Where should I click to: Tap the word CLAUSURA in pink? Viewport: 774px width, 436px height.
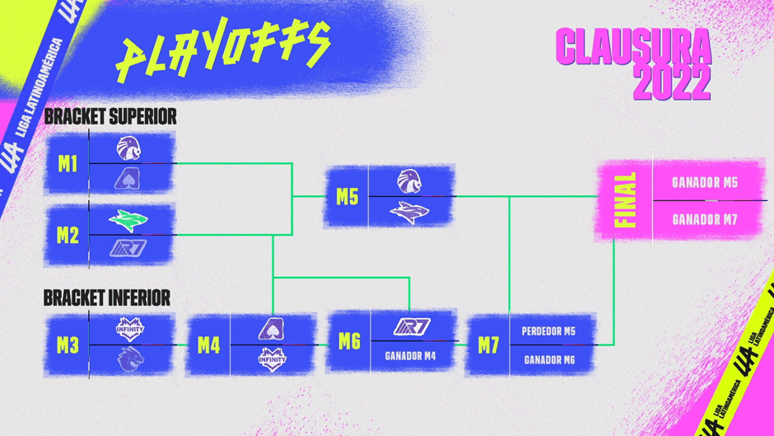tap(632, 48)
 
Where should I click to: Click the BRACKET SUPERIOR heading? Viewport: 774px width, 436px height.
tap(110, 116)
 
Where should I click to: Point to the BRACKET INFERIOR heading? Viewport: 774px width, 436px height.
tap(107, 297)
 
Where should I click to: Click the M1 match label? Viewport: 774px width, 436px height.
tap(68, 164)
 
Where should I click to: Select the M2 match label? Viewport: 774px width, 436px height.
tap(68, 236)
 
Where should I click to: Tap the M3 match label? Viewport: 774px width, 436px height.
tap(68, 345)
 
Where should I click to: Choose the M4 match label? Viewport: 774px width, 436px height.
tap(209, 345)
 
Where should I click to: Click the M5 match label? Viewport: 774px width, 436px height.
tap(347, 197)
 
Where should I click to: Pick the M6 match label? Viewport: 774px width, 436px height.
tap(349, 341)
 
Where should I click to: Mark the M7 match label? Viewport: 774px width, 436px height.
tap(489, 345)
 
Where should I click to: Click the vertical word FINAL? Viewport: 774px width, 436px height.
tap(627, 200)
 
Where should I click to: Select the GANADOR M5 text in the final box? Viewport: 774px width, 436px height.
tap(704, 182)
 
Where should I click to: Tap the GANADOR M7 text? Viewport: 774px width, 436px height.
tap(704, 220)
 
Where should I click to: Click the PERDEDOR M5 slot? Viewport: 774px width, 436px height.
tap(548, 331)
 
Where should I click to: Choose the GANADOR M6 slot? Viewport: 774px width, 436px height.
tap(548, 360)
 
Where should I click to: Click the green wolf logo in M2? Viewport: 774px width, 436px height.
tap(128, 221)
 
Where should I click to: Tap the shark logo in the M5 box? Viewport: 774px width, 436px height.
tap(409, 213)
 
